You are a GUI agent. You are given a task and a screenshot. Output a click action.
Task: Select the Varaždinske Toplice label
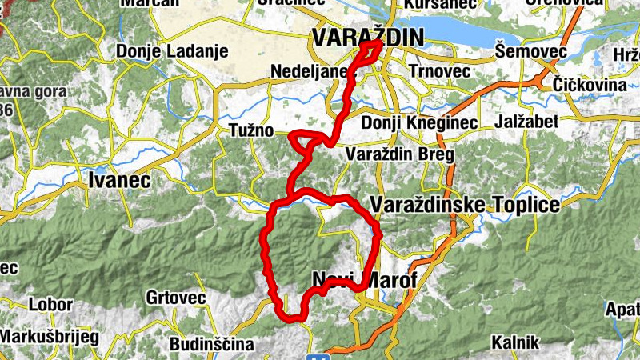tap(466, 205)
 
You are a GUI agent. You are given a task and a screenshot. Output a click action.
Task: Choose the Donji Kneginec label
tap(418, 123)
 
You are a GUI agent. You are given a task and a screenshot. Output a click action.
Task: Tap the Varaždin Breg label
tap(399, 154)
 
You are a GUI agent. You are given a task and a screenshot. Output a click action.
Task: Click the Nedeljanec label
tap(308, 70)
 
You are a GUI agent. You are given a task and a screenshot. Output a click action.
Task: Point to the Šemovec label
tap(531, 52)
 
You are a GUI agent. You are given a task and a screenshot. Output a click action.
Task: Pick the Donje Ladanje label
tap(172, 51)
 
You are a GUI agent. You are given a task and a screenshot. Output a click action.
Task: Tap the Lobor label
tap(50, 305)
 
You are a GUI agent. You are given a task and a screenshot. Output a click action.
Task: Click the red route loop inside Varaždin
tap(370, 52)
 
